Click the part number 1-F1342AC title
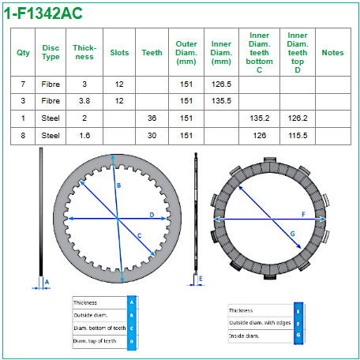(43, 13)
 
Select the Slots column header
(119, 53)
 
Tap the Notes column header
(332, 53)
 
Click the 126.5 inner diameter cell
(221, 84)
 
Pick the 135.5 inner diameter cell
(221, 101)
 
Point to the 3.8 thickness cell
(84, 101)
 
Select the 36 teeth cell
(152, 118)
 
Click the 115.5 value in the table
(298, 136)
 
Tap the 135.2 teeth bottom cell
(260, 118)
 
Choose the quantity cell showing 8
(23, 136)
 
